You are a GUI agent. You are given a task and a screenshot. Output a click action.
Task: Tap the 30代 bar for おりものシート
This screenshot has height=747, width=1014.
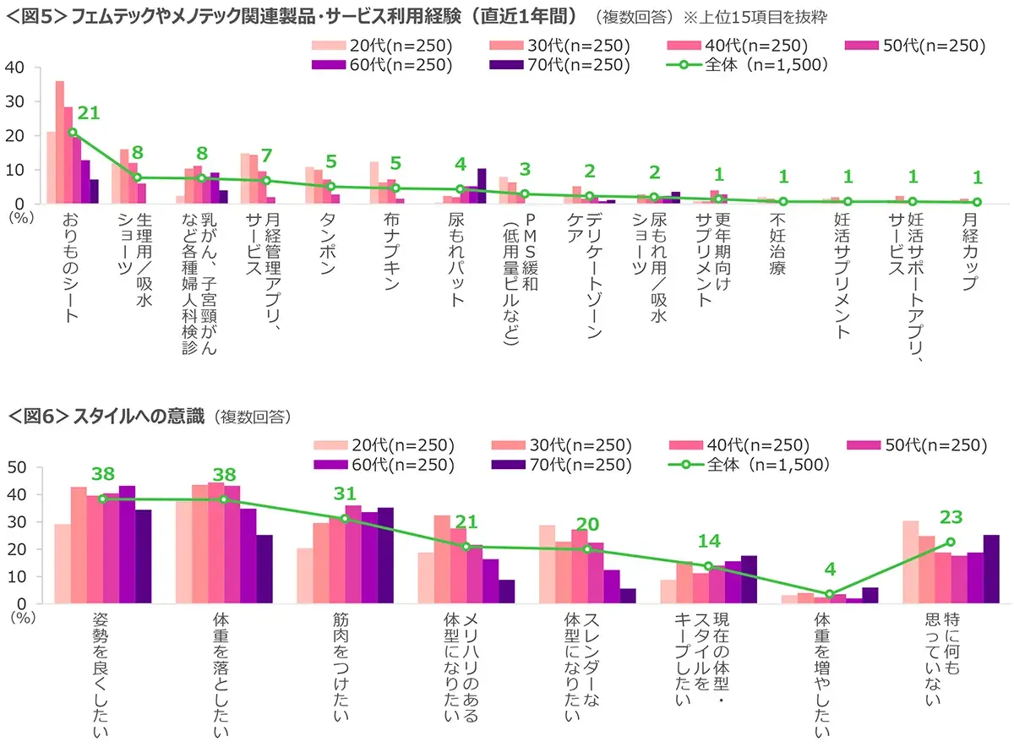(x=59, y=142)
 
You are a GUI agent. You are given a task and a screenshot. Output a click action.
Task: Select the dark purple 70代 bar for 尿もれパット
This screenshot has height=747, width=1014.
(x=482, y=186)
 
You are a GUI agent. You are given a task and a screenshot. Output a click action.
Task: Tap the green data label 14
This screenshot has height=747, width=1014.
(x=708, y=541)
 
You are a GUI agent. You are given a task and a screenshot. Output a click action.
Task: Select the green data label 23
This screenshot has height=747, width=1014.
(x=951, y=518)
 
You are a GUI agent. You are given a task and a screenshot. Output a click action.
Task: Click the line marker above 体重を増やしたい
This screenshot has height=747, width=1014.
(x=830, y=594)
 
